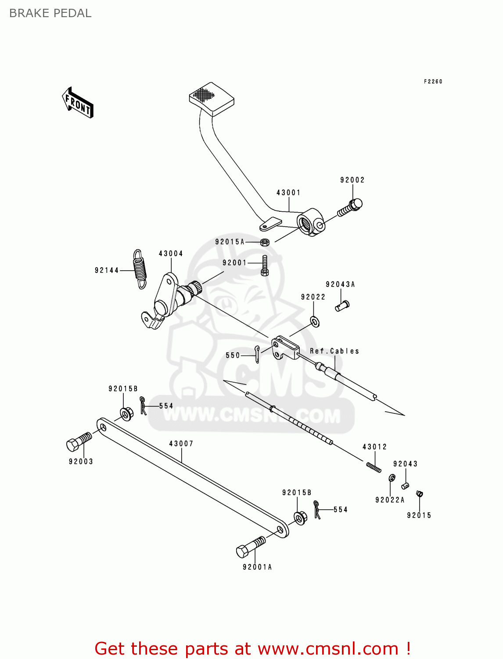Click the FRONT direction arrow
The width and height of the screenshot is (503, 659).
[x=78, y=103]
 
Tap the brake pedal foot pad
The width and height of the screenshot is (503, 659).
[x=211, y=99]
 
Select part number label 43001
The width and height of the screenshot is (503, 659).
[x=288, y=192]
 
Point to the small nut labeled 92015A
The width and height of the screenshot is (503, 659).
[x=265, y=242]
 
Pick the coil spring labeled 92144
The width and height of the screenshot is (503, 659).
[x=140, y=269]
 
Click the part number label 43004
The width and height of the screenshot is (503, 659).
[x=171, y=253]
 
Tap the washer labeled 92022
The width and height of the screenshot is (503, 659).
[x=315, y=322]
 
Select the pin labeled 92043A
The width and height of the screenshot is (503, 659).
[x=342, y=305]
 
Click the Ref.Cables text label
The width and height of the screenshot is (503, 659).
[x=334, y=351]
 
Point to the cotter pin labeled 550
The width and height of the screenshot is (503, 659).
[x=257, y=354]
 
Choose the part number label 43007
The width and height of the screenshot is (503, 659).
[x=181, y=444]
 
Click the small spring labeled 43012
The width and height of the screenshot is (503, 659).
[x=374, y=467]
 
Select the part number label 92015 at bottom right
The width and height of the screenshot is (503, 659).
[x=419, y=515]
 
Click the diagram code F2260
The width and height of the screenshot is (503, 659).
[x=433, y=81]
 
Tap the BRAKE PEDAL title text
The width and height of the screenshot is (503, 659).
[x=50, y=13]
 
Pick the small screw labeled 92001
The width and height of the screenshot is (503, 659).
[x=265, y=265]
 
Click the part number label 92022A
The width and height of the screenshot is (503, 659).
[x=390, y=500]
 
